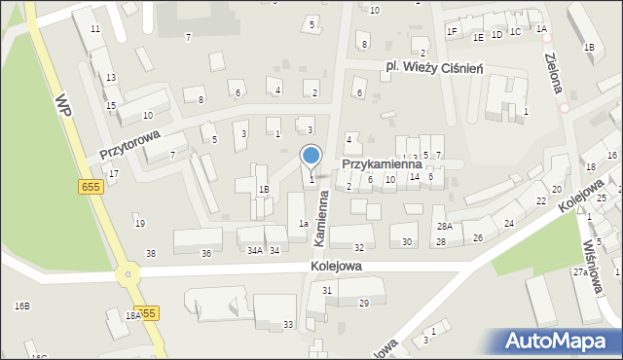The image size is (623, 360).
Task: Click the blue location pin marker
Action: tap(311, 156)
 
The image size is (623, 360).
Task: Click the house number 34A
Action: tap(254, 251)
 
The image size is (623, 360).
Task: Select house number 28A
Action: tap(444, 226)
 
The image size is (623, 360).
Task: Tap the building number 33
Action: tap(288, 324)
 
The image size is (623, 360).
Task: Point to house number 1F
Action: tap(452, 31)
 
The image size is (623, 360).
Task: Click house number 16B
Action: tap(21, 306)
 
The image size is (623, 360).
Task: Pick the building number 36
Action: tap(205, 253)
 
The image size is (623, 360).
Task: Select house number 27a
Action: tap(581, 272)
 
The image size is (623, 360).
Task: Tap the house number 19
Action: tap(139, 224)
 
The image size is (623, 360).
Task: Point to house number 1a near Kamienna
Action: tap(304, 224)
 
